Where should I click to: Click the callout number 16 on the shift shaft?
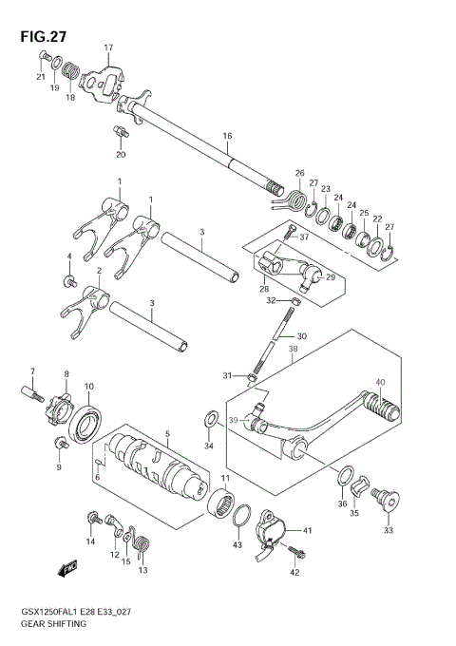point(227,137)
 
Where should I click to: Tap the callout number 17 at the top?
point(108,47)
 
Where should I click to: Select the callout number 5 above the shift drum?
point(168,434)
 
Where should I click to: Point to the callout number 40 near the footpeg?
point(379,383)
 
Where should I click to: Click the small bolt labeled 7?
point(29,389)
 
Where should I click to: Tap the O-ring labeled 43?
point(243,518)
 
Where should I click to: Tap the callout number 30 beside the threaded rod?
point(301,336)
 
